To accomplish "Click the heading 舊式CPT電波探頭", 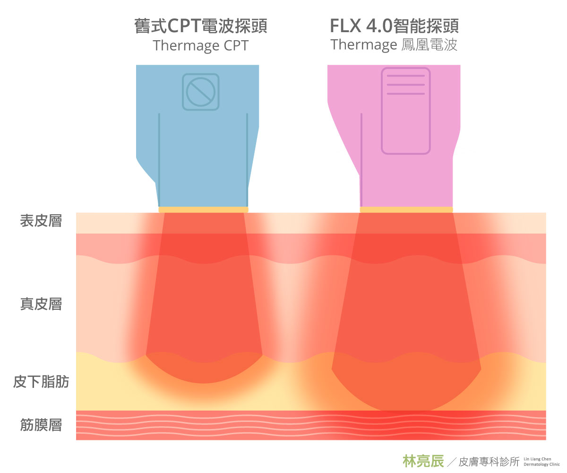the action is [201, 26].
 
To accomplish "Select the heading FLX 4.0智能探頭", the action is [394, 26].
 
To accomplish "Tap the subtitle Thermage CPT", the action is [201, 46].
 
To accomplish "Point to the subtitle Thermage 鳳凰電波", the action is [394, 45].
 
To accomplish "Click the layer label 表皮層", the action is [41, 221].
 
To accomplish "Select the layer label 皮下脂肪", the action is [41, 382].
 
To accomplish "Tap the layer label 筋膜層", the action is [41, 424].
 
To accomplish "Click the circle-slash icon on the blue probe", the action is [201, 92].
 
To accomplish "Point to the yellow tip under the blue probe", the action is [203, 210].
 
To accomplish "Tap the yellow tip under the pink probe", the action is [406, 210].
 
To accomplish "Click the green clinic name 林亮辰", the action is [423, 461].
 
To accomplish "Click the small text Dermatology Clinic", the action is [542, 464].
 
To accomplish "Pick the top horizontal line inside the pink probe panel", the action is [406, 76].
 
